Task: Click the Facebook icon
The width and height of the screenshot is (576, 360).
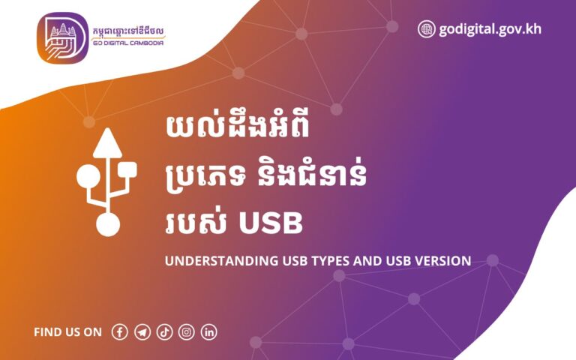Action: [120, 331]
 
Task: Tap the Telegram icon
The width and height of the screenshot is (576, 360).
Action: [142, 331]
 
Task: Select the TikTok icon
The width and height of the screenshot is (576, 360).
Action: [165, 331]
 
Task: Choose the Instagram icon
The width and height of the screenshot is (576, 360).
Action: [187, 331]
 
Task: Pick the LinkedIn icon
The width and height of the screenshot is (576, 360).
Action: [209, 331]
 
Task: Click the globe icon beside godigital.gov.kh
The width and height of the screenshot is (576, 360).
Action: [426, 29]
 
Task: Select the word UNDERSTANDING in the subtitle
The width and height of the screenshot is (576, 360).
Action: [211, 261]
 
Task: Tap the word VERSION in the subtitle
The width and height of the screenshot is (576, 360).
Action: [442, 261]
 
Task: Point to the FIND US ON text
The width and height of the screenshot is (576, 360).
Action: [67, 332]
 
